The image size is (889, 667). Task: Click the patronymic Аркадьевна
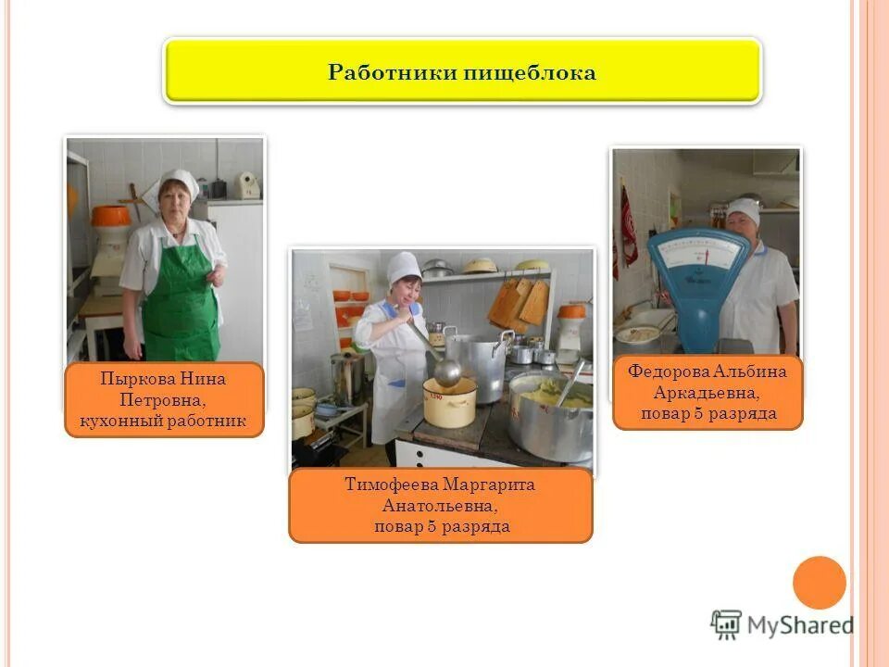click(708, 393)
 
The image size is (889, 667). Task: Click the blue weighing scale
click(696, 278)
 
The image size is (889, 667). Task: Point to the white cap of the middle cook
click(403, 266)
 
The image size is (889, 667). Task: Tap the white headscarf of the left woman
click(180, 181)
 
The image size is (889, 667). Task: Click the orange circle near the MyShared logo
click(820, 583)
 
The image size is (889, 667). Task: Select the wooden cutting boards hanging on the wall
click(520, 302)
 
